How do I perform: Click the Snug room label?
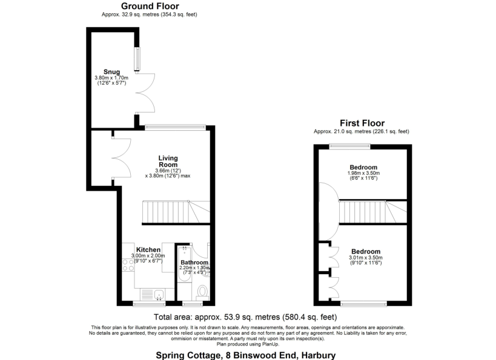[x=111, y=72]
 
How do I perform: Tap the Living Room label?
[x=168, y=161]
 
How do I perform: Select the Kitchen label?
[x=148, y=250]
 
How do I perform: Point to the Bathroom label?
[x=194, y=263]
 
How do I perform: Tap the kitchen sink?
[x=159, y=295]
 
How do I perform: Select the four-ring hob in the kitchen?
[x=128, y=265]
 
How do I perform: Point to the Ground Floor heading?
[x=150, y=6]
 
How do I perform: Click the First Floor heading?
[x=362, y=123]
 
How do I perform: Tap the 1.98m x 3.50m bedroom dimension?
[x=363, y=173]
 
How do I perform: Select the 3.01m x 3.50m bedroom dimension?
[x=366, y=258]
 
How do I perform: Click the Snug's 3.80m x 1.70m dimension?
[x=111, y=78]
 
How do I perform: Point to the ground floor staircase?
[x=176, y=212]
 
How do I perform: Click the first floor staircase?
[x=373, y=212]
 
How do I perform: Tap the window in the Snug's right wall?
[x=137, y=59]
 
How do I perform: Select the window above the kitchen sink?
[x=149, y=304]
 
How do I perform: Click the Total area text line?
[x=245, y=317]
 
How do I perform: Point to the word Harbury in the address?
[x=319, y=355]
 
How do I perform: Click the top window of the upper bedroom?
[x=349, y=146]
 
